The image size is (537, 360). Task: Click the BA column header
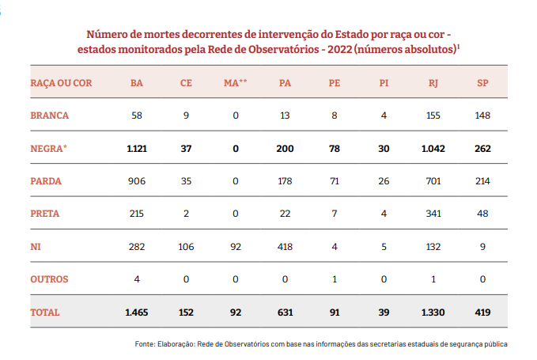coord(137,82)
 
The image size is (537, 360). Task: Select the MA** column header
coord(235,82)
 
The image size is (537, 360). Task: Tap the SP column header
coord(483,82)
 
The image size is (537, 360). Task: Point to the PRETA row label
coord(46,214)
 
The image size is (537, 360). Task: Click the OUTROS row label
coord(50,279)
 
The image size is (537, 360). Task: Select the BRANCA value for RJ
coord(433,115)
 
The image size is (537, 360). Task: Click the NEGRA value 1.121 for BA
coord(137,148)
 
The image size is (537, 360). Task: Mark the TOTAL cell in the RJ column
coord(433,313)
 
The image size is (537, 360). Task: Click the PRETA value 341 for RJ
coord(433,214)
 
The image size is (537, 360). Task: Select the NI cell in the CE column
coord(186,246)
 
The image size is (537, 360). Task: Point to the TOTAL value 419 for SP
coord(483,313)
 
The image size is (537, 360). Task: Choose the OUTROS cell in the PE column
coord(334,279)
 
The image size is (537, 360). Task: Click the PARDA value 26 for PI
coord(384,180)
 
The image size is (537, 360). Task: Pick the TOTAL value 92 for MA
coord(235,313)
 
